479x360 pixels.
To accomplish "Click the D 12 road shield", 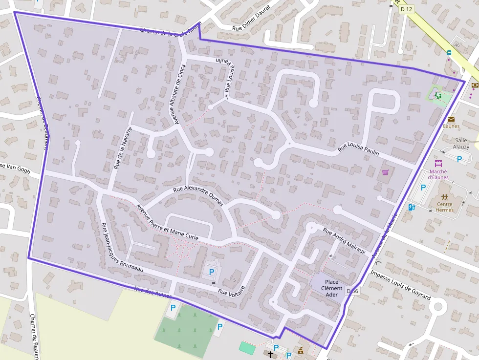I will coord(406,9).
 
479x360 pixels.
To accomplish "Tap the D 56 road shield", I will coord(352,291).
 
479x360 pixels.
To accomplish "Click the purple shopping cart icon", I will coord(385,172).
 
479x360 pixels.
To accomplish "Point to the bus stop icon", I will coord(449,53).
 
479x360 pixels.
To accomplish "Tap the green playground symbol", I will coord(439,96).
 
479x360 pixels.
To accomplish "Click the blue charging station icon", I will coord(411,207).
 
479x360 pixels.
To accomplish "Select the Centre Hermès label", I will coord(445,207).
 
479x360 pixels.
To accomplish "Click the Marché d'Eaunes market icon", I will coord(438,163).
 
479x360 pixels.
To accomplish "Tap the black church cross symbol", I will coord(269,353).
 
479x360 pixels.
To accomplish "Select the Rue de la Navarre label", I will coord(123,148).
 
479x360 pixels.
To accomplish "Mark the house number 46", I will coord(457,45).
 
